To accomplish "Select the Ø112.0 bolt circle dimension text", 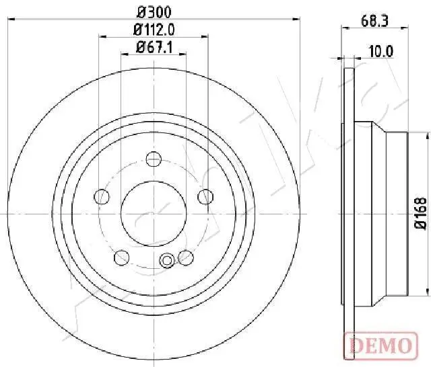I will click(x=154, y=29).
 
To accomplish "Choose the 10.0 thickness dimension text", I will click(x=380, y=50).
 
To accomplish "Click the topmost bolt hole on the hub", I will click(x=154, y=159).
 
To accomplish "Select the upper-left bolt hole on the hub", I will click(x=102, y=196).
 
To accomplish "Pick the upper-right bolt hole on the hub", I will click(x=205, y=196).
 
